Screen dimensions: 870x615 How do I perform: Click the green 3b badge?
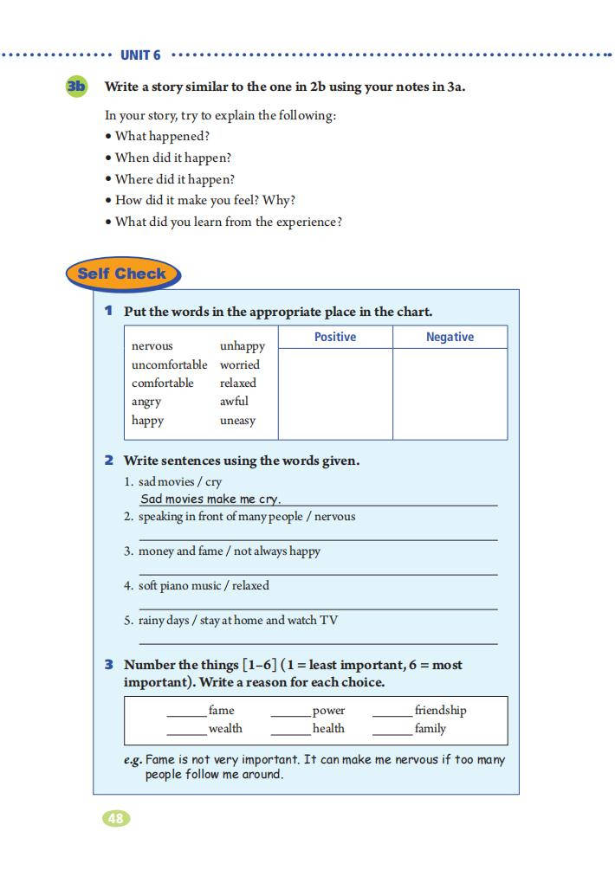(76, 86)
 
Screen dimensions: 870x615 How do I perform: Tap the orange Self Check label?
(121, 274)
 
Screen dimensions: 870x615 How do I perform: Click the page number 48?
(115, 818)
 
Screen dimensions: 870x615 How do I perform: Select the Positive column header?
(334, 337)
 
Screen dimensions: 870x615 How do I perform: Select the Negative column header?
(450, 337)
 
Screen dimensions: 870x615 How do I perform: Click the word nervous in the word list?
(152, 346)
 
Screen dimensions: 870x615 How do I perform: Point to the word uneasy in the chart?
(237, 421)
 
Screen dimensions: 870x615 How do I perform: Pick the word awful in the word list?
(234, 402)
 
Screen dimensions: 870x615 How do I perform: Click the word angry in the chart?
(146, 402)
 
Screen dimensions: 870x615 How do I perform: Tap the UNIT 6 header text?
(140, 55)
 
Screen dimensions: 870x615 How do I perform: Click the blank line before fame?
(186, 715)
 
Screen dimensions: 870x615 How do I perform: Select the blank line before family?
(392, 733)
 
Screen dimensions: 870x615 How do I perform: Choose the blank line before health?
(290, 733)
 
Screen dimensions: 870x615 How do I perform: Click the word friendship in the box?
(440, 711)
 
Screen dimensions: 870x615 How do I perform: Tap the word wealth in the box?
(225, 729)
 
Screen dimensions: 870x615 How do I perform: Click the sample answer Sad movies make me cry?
(210, 499)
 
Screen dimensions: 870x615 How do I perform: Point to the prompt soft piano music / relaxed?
(204, 586)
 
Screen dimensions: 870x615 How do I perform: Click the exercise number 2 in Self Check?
(109, 461)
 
